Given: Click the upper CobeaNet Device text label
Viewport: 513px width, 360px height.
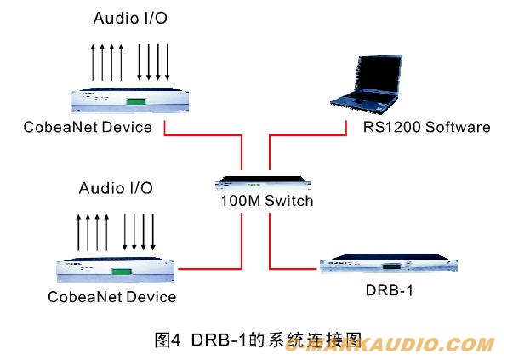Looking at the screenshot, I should (x=88, y=128).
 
